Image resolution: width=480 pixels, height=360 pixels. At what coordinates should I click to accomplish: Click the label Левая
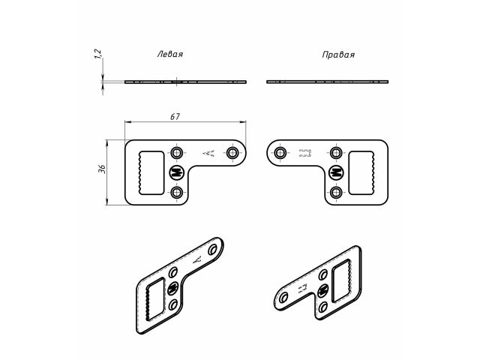pyautogui.click(x=169, y=55)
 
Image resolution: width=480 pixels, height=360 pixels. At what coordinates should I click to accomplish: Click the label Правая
pyautogui.click(x=337, y=55)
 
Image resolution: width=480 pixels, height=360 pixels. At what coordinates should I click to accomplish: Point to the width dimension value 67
pyautogui.click(x=175, y=116)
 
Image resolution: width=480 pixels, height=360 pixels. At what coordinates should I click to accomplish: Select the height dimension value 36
pyautogui.click(x=102, y=170)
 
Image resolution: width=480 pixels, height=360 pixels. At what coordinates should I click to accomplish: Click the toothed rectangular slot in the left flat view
pyautogui.click(x=151, y=172)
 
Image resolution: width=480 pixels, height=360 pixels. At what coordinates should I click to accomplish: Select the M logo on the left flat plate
pyautogui.click(x=177, y=172)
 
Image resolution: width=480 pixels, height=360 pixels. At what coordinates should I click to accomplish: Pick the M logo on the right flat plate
pyautogui.click(x=336, y=172)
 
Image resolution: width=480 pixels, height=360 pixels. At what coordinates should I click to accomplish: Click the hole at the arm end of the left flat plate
pyautogui.click(x=233, y=153)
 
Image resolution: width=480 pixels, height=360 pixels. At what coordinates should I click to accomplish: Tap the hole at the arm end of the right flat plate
pyautogui.click(x=280, y=153)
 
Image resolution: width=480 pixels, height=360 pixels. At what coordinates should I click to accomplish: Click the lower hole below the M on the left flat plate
pyautogui.click(x=177, y=193)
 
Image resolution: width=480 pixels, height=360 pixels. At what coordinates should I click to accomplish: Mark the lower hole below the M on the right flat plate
pyautogui.click(x=336, y=193)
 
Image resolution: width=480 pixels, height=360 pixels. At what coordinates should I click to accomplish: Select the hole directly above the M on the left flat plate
pyautogui.click(x=177, y=153)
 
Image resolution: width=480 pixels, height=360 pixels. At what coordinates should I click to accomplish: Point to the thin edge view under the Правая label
pyautogui.click(x=328, y=81)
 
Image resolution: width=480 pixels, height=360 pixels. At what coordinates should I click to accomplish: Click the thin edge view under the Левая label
pyautogui.click(x=184, y=81)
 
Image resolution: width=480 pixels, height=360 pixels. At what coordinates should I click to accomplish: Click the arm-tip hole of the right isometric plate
pyautogui.click(x=283, y=299)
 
